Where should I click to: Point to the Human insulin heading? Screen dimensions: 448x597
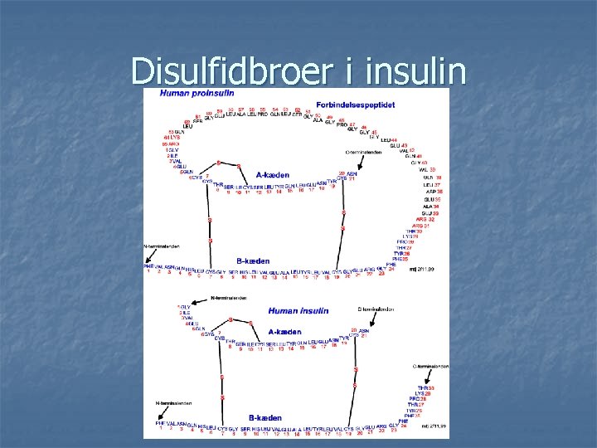click(298, 311)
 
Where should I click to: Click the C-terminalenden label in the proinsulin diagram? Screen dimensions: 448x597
click(364, 153)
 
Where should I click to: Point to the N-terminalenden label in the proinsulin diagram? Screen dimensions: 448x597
click(162, 246)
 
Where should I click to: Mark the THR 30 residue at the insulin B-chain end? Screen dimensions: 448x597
click(424, 388)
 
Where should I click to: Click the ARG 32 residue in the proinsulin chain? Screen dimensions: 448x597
click(425, 219)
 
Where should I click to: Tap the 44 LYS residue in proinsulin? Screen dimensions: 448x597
click(172, 137)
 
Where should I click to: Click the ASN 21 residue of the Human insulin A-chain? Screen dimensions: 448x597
click(358, 332)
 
